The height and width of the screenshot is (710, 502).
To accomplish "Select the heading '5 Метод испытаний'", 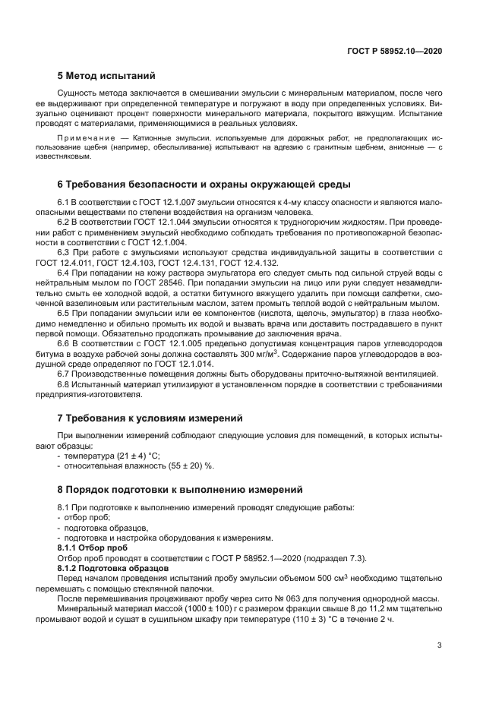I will click(106, 76).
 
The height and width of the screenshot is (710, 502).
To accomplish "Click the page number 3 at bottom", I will click(440, 646).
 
